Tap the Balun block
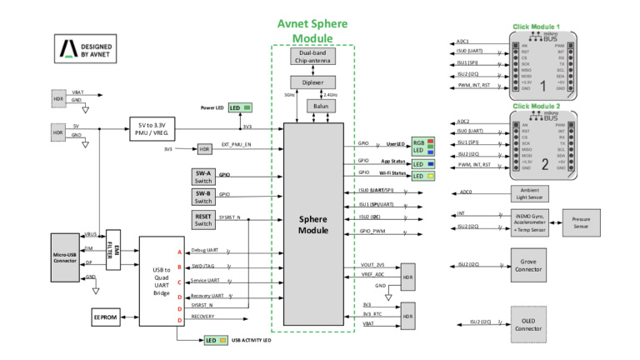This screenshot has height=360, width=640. click(x=317, y=107)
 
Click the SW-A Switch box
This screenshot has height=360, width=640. click(x=203, y=177)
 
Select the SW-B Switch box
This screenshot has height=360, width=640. click(x=203, y=197)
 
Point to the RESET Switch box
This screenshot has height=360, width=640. click(x=203, y=219)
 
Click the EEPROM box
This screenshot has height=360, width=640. click(x=105, y=317)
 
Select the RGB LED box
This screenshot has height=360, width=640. click(x=418, y=147)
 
